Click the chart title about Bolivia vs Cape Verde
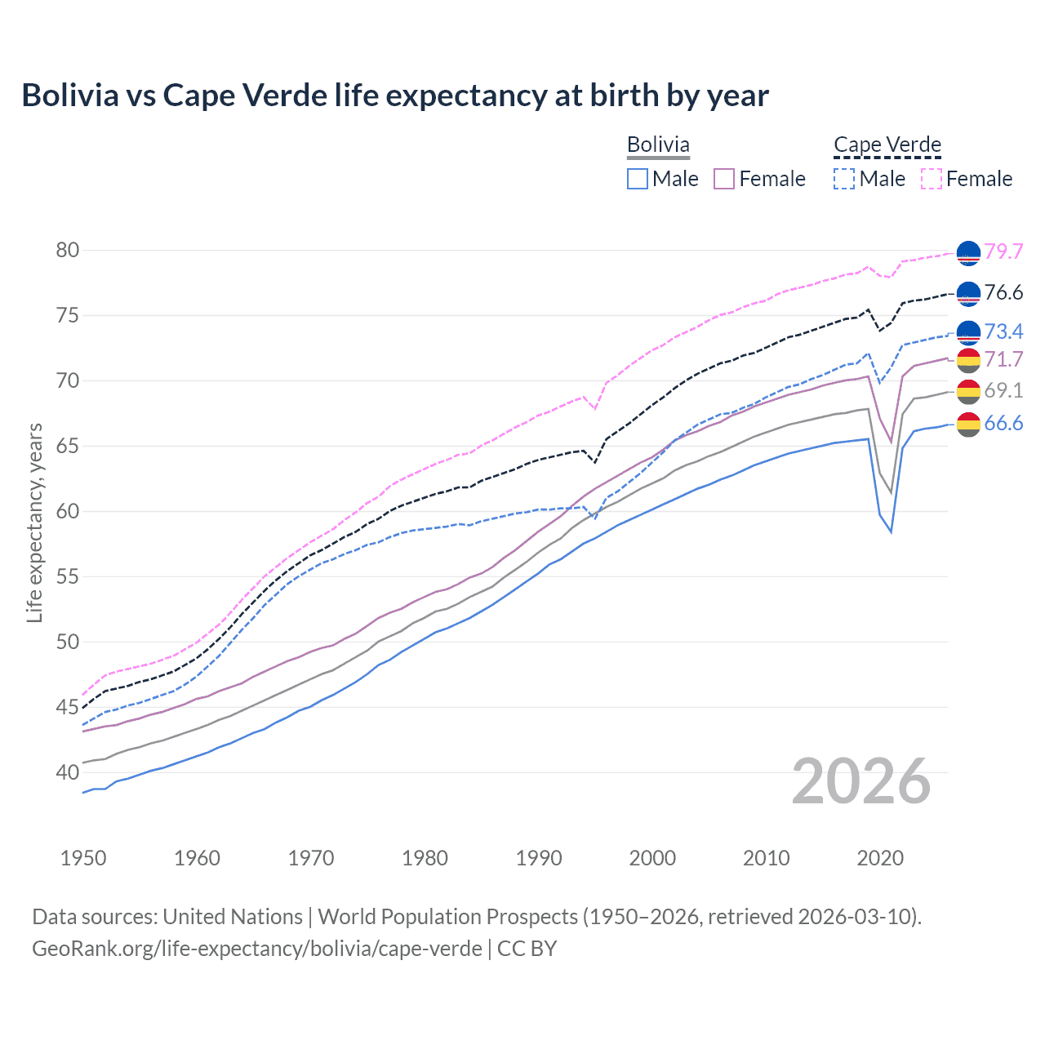coord(395,96)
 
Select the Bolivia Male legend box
coord(638,179)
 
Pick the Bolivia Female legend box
coord(724,179)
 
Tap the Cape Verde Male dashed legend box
coord(844,179)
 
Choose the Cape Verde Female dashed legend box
coord(932,179)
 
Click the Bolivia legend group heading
coord(658,145)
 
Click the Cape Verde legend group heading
coord(887,145)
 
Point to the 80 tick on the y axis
coord(68,251)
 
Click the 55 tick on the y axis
coord(68,577)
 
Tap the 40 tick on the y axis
coord(68,772)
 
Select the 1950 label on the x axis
coord(83,858)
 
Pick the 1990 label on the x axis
coord(539,858)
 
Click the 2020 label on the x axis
coord(880,858)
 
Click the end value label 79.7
coord(1003,251)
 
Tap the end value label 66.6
coord(1003,423)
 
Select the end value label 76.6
coord(1003,292)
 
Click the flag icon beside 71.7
coord(968,360)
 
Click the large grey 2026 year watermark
coord(861,781)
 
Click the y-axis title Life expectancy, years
coord(35,522)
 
